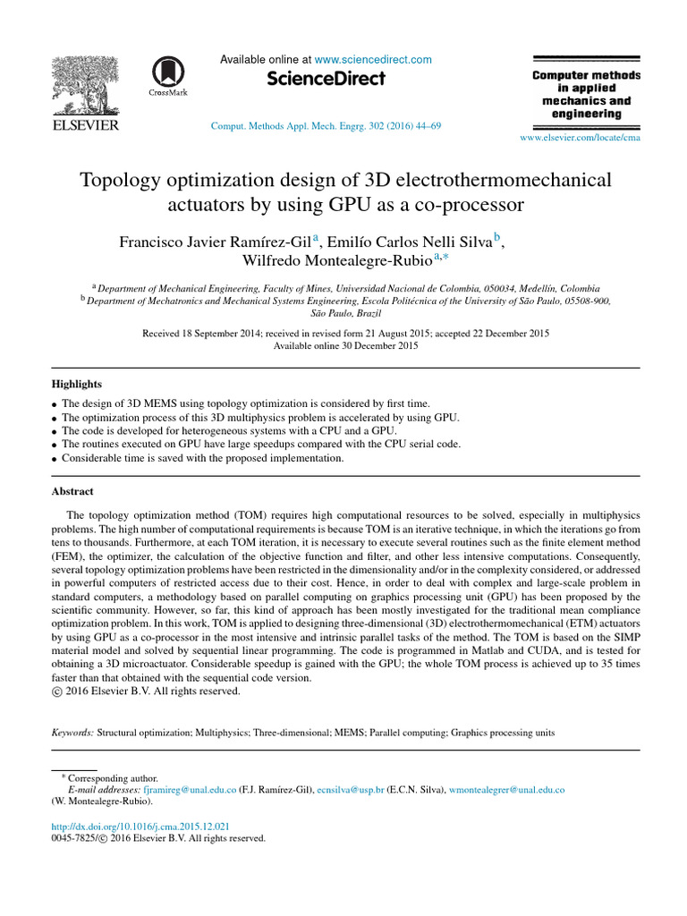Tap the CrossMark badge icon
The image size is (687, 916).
coord(164,76)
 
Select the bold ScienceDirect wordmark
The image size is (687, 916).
coord(327,80)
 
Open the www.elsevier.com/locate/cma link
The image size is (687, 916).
coord(580,138)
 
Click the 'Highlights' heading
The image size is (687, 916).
coord(76,384)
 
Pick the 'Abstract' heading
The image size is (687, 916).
coord(72,491)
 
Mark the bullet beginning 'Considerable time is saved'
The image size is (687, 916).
coord(202,458)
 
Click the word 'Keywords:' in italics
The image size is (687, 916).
coord(72,732)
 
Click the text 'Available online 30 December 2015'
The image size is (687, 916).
coord(345,345)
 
